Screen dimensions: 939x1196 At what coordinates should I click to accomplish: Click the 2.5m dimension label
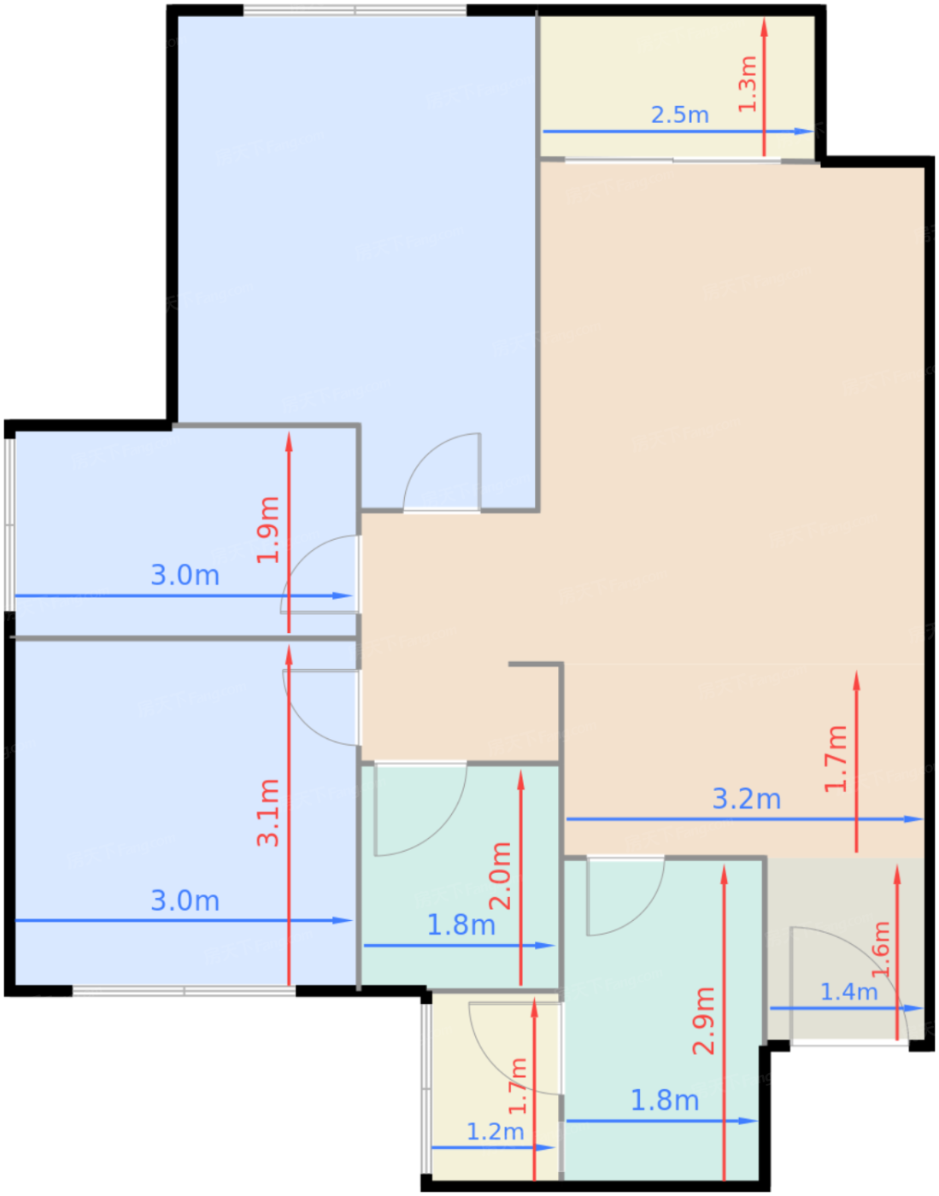680,115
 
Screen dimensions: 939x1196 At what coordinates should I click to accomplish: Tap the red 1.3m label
747,85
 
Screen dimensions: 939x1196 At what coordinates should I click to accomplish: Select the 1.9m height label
268,530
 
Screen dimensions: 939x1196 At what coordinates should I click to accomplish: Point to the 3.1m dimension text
268,813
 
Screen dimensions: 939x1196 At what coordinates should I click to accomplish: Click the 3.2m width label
747,799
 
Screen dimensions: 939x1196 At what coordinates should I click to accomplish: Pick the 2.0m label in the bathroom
501,876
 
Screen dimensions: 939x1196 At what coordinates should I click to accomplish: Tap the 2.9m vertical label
703,1021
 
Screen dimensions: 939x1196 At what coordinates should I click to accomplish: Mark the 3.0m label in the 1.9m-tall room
185,575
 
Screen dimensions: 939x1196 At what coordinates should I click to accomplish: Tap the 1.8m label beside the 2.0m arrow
461,925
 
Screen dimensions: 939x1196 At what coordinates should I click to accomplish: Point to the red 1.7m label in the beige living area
836,759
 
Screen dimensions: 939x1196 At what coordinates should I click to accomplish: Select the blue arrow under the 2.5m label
678,132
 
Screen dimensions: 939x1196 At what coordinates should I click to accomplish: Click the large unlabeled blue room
356,232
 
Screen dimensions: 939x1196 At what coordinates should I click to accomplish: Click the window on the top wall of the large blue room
355,10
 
